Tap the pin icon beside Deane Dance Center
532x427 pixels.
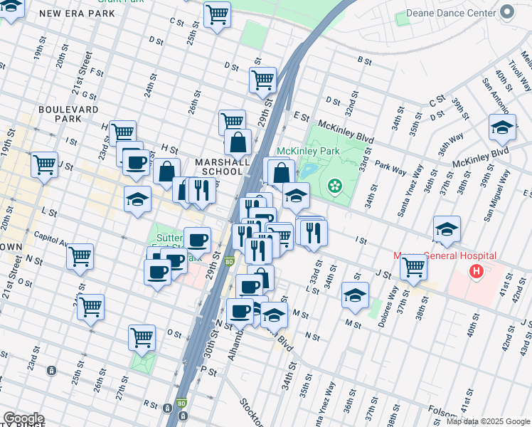[506, 12]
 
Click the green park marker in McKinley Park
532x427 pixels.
[334, 186]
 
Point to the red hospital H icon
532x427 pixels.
[476, 271]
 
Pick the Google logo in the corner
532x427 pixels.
[23, 418]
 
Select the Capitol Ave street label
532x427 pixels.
[49, 238]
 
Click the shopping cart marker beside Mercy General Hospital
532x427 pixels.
[413, 267]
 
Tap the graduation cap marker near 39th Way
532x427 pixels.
[502, 127]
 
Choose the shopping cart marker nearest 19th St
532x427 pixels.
[45, 164]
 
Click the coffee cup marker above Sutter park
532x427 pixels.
[197, 239]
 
